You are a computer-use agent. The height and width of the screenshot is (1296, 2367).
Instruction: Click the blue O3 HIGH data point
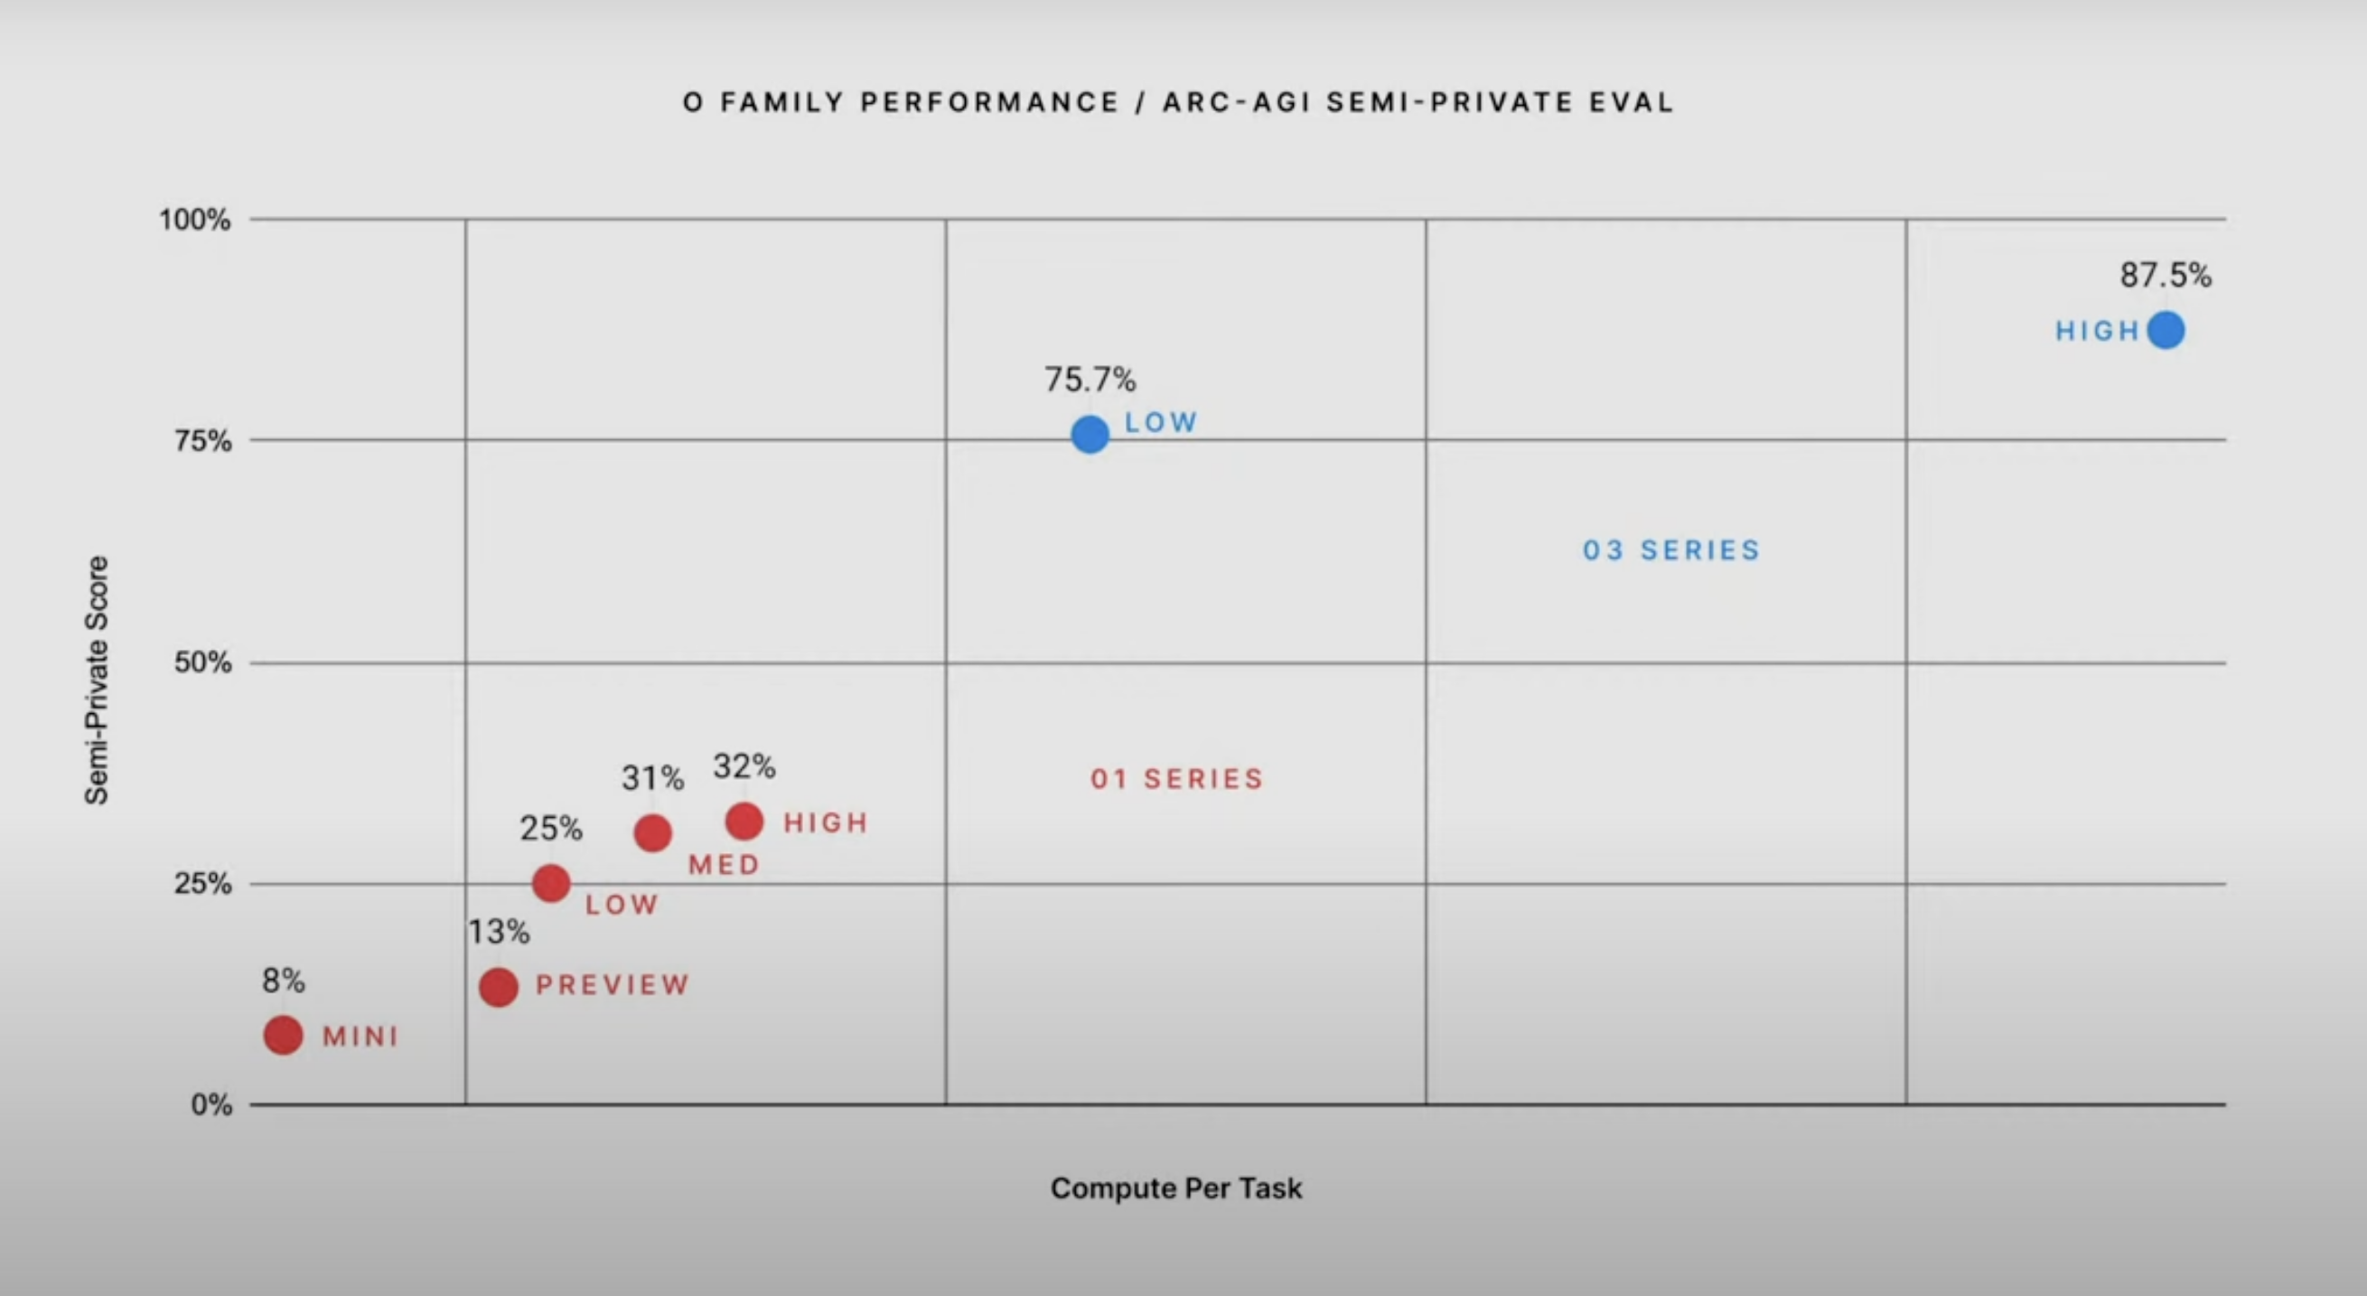click(2166, 330)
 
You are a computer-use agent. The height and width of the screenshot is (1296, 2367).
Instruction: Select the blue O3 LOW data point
click(1090, 434)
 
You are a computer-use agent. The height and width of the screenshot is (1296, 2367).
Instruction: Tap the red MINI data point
click(283, 1035)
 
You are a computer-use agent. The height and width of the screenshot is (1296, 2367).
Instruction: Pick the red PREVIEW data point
click(498, 987)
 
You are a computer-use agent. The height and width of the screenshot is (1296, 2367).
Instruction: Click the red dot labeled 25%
click(551, 883)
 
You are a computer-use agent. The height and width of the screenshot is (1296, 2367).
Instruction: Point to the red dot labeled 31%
click(652, 832)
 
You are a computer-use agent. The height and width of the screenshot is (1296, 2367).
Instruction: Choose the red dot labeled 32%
click(744, 821)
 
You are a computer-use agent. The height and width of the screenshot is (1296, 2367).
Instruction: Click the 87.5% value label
click(2166, 275)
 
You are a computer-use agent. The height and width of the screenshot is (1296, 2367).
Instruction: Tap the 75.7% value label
click(1090, 379)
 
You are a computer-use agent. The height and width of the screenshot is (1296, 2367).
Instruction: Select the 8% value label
click(283, 981)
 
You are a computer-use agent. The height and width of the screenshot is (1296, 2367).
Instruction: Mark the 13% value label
click(499, 932)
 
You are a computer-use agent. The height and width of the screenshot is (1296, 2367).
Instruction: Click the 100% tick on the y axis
click(195, 220)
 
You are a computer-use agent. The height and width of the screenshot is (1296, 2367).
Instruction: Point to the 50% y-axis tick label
click(202, 662)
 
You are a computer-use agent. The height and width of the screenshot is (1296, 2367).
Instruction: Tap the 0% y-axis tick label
click(211, 1104)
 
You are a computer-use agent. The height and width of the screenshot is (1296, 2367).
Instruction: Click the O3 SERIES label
click(1671, 550)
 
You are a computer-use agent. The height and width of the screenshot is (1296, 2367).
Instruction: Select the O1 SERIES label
click(1177, 779)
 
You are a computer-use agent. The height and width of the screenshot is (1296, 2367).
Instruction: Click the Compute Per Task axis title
click(1176, 1188)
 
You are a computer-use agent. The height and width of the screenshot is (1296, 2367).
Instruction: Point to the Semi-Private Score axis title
click(97, 681)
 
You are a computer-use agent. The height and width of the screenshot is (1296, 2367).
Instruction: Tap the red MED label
click(724, 865)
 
